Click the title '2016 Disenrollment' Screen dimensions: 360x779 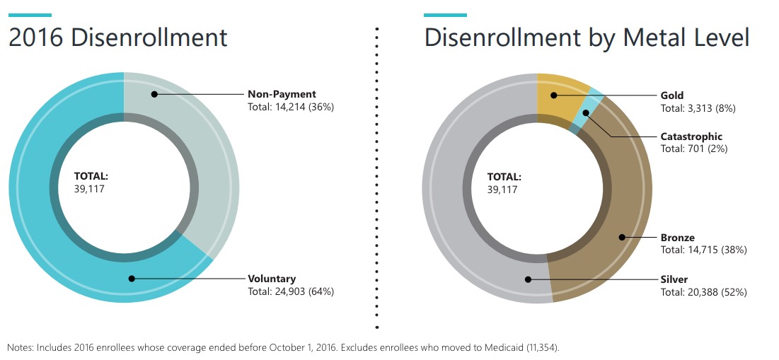pos(118,37)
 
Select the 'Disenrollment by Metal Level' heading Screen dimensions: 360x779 pos(587,37)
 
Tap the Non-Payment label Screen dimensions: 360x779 pos(282,94)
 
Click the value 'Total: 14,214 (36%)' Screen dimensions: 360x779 pos(291,107)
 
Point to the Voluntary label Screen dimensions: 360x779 pos(272,279)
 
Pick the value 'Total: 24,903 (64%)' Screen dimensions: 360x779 pos(291,291)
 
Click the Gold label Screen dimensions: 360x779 pos(672,95)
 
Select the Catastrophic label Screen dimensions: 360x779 pos(691,137)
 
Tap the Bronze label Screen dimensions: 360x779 pos(678,238)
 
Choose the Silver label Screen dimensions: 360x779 pos(674,279)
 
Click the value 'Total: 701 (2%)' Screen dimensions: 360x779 pos(694,149)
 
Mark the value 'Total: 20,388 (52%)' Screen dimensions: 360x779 pos(704,291)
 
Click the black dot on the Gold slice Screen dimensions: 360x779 pos(555,95)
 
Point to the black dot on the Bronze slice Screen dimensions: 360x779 pos(622,238)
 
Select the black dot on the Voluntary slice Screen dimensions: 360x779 pos(131,279)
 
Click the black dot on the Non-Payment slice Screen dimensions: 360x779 pos(154,94)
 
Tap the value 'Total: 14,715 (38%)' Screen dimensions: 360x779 pos(704,250)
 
